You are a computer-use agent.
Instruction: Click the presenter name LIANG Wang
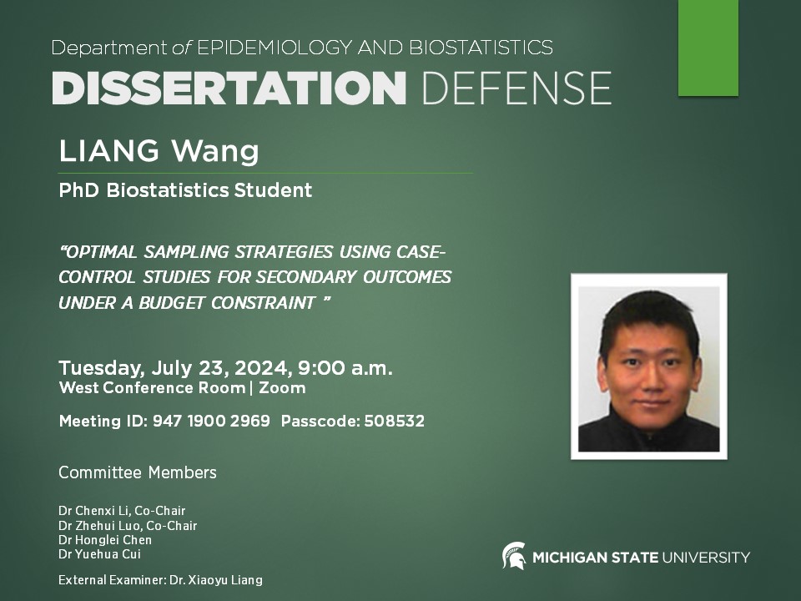tap(159, 152)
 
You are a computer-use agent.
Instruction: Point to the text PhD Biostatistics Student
tap(185, 190)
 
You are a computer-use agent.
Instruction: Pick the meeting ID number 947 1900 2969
tap(211, 422)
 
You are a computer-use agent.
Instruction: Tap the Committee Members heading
tap(138, 473)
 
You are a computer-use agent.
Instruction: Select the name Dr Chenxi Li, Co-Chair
tap(122, 511)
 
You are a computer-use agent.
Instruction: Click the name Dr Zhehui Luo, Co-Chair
tap(128, 526)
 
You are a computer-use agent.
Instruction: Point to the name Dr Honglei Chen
tap(105, 540)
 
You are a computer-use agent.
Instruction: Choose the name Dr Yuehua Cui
tap(100, 554)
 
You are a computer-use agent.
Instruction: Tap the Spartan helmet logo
tap(513, 556)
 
